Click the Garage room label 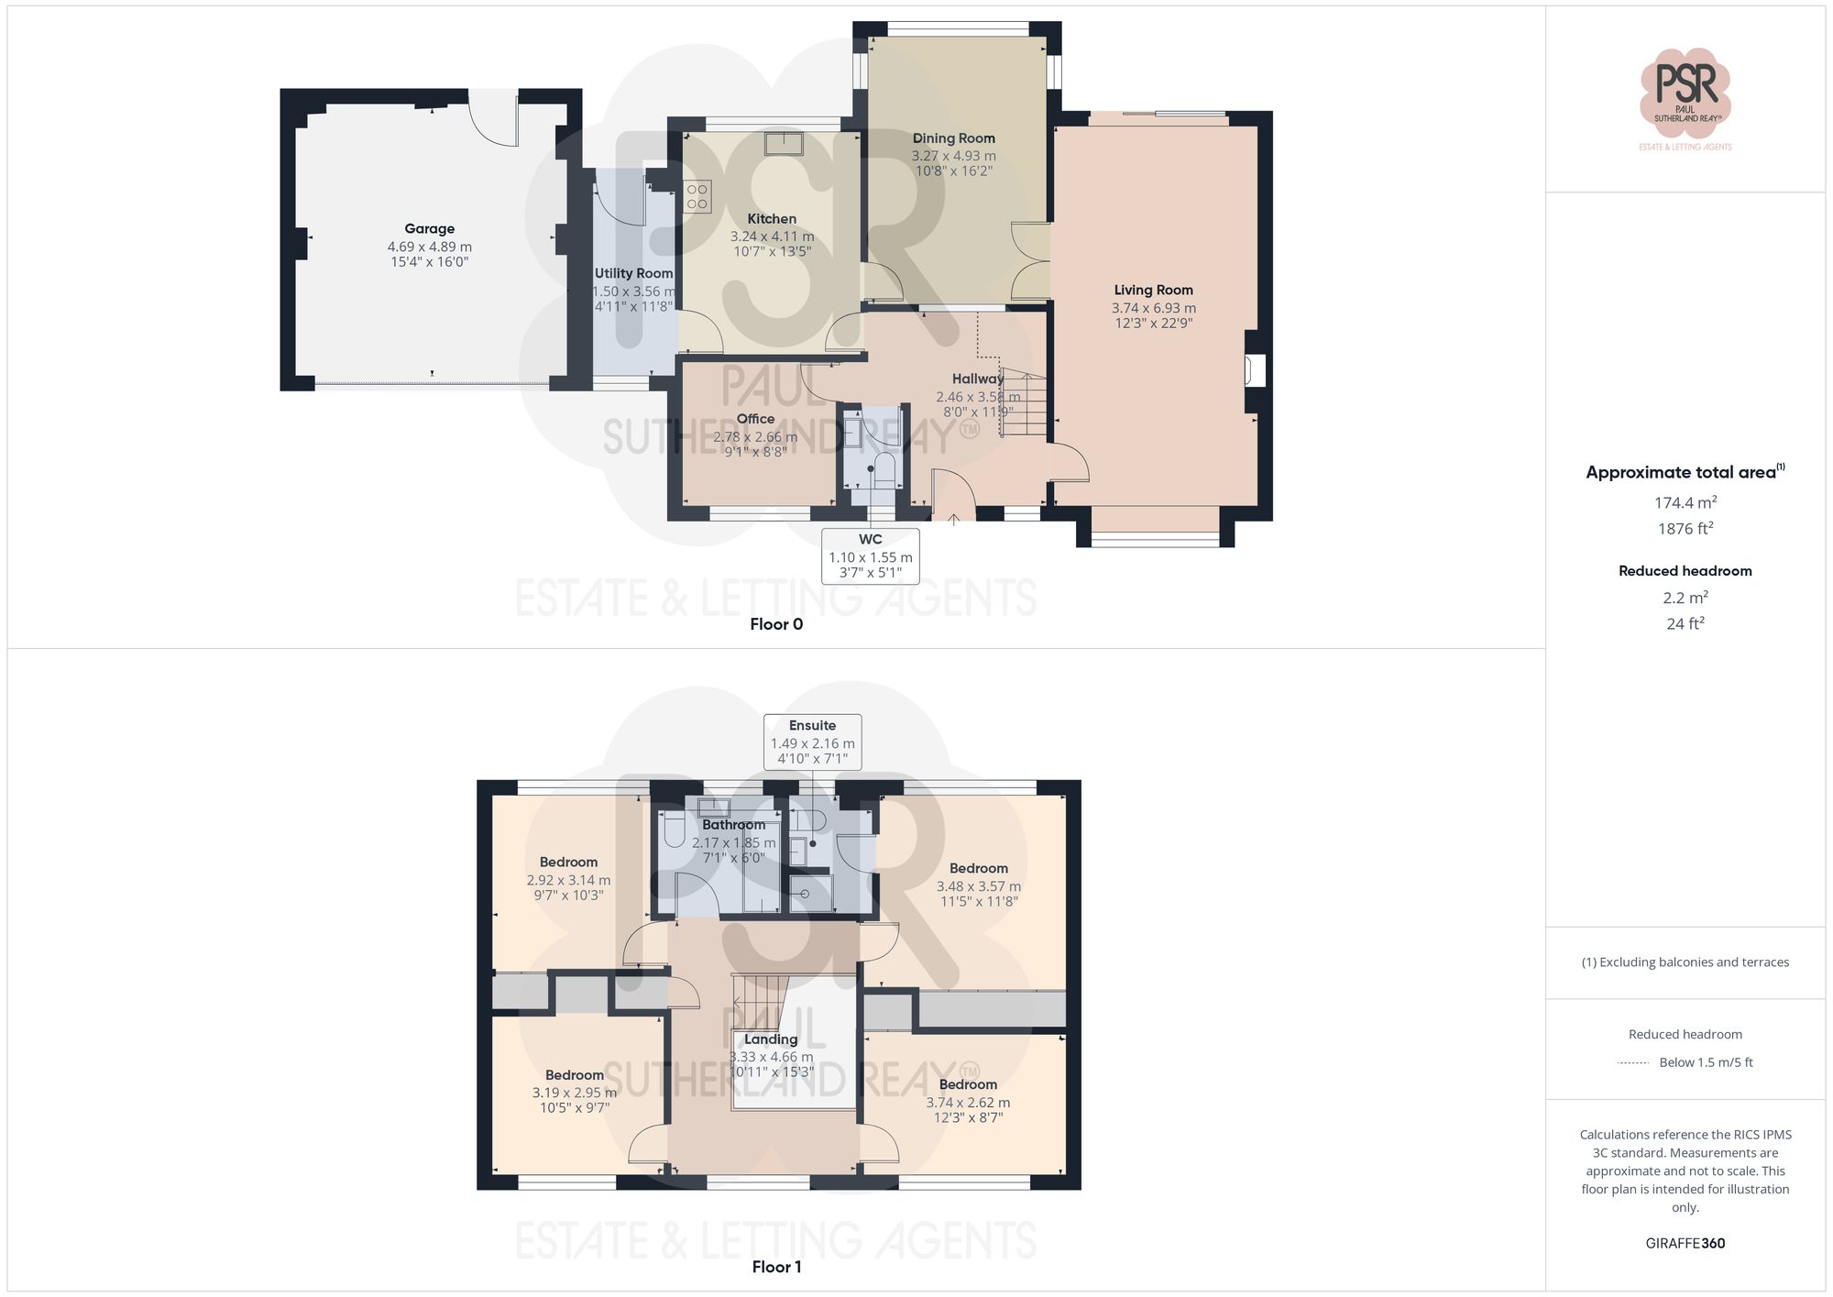point(429,229)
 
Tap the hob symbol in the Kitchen point(697,197)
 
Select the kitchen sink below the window point(784,144)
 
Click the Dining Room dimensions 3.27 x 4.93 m point(953,156)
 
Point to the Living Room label point(1153,290)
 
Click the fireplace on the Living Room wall point(1254,370)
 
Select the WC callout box point(870,555)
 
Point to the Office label point(755,419)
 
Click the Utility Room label point(633,273)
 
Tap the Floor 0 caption point(776,624)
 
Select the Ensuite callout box point(812,742)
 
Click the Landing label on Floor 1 point(770,1039)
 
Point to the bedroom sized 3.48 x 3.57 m point(978,885)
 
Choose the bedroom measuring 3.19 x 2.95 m point(574,1092)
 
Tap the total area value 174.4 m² point(1685,503)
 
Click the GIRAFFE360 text point(1685,1244)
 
